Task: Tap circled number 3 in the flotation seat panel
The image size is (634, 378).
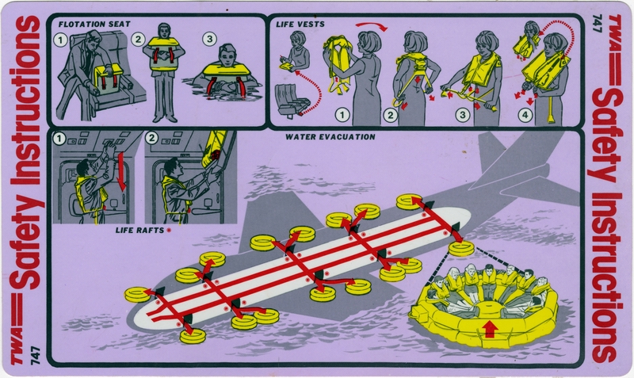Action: pyautogui.click(x=210, y=38)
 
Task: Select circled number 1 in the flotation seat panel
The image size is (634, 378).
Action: pyautogui.click(x=59, y=38)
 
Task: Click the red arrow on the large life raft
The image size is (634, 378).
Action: pyautogui.click(x=489, y=327)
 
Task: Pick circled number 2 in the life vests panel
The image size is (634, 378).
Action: pyautogui.click(x=390, y=114)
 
